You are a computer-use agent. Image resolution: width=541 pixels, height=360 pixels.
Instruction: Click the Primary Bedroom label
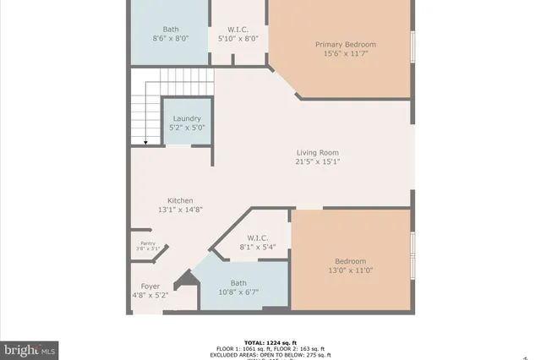pyautogui.click(x=345, y=44)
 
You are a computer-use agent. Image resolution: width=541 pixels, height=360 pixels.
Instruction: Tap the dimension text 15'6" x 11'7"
pyautogui.click(x=345, y=53)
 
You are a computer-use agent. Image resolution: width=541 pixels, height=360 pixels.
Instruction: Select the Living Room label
pyautogui.click(x=317, y=153)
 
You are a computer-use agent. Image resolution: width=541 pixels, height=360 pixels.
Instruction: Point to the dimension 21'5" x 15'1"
pyautogui.click(x=317, y=162)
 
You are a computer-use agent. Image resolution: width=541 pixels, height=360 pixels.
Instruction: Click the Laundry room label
pyautogui.click(x=187, y=118)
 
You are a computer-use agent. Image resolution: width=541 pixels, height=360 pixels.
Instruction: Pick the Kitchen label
pyautogui.click(x=180, y=200)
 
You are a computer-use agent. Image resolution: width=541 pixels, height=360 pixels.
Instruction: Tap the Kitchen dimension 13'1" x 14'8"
pyautogui.click(x=180, y=210)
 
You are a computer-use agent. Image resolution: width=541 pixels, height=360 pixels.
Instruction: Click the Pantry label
pyautogui.click(x=148, y=243)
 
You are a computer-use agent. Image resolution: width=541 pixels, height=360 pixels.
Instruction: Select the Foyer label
pyautogui.click(x=150, y=286)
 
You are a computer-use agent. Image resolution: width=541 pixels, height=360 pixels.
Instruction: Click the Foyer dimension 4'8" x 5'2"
pyautogui.click(x=150, y=296)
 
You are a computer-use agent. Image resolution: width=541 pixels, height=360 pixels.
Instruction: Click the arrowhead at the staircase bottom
pyautogui.click(x=145, y=142)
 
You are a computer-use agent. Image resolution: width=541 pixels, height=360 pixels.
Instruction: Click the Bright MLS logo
pyautogui.click(x=30, y=348)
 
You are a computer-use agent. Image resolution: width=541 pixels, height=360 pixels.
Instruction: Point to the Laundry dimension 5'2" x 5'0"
pyautogui.click(x=188, y=128)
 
